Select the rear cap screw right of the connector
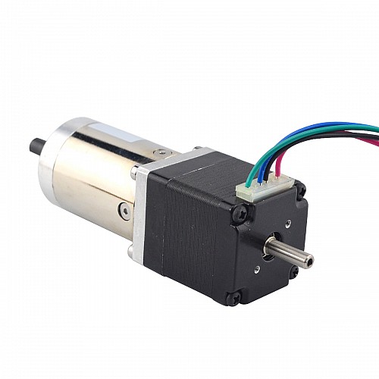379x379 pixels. point(300,185)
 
